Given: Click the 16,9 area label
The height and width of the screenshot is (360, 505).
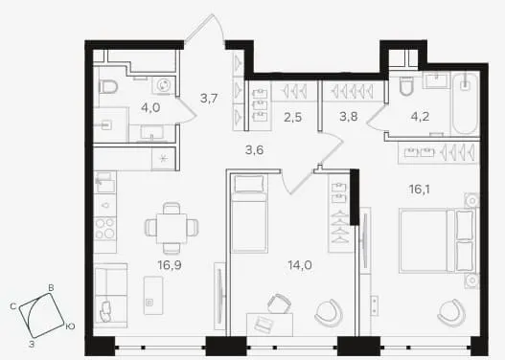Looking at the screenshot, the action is point(170,265).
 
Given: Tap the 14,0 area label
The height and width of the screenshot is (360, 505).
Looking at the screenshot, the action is point(300,265).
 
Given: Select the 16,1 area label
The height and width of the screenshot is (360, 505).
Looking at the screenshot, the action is point(420,190).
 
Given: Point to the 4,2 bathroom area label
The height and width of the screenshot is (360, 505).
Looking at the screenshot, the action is point(420,117).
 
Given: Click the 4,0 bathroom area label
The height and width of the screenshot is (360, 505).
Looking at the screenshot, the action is point(150,107).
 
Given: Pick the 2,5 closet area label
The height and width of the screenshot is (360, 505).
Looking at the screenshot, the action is point(293,118).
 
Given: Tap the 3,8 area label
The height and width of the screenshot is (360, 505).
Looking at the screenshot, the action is point(349,117).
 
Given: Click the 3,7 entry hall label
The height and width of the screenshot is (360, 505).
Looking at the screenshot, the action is point(209,98).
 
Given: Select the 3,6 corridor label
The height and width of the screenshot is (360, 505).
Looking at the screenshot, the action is point(255,150).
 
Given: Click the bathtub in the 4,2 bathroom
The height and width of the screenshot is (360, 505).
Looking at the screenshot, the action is point(465,103).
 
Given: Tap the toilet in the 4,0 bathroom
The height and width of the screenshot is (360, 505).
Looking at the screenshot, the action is point(108,86).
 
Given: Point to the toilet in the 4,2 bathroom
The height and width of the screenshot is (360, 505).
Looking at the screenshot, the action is point(406,86).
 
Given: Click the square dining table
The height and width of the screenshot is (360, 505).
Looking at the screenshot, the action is point(171,229).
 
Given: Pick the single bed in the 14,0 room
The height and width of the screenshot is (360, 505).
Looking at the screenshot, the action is point(249,214).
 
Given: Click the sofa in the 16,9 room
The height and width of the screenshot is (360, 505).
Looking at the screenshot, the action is point(110,295).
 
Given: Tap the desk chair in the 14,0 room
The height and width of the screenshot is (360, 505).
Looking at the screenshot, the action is point(278,303).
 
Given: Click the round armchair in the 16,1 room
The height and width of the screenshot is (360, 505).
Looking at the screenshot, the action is point(451,312).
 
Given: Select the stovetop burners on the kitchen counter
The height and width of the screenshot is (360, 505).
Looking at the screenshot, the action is point(105,228).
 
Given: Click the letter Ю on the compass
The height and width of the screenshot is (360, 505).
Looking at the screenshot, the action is point(70,326).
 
